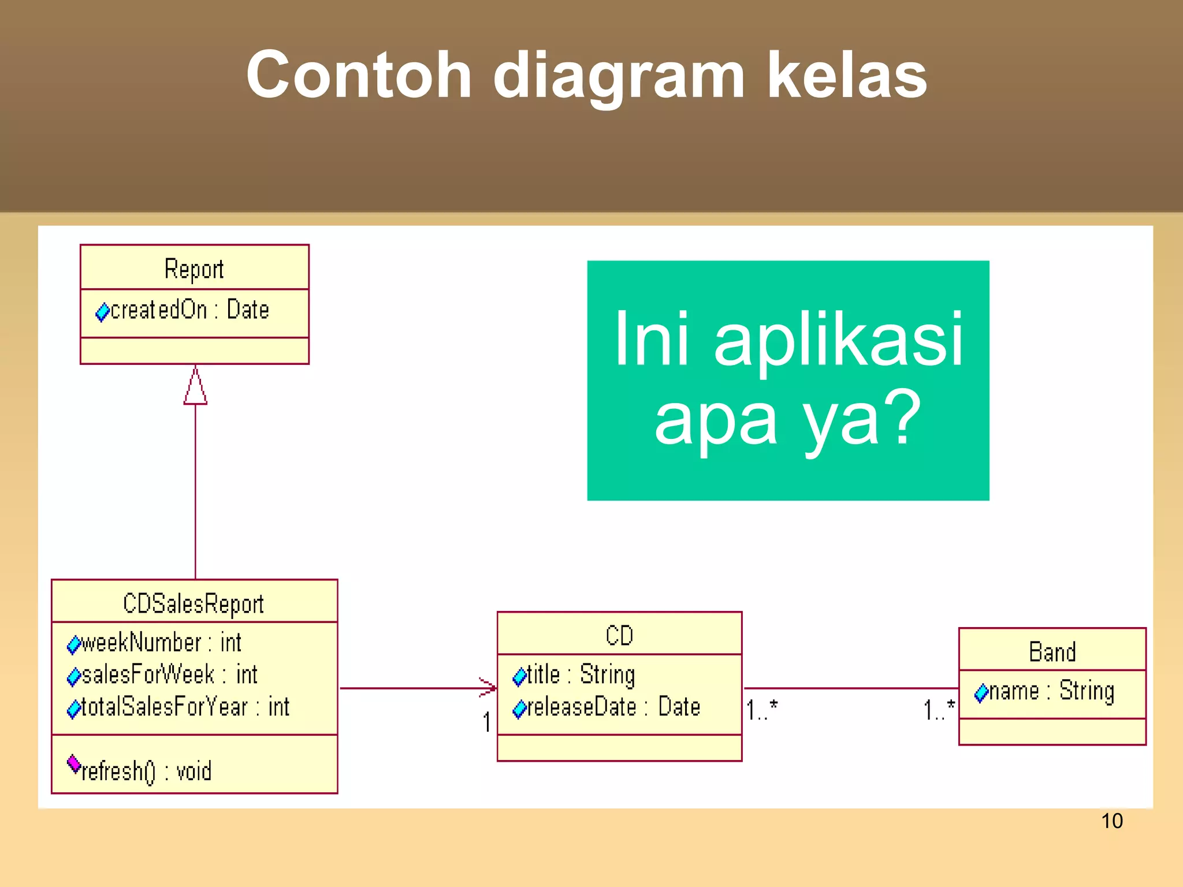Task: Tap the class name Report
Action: pos(194,269)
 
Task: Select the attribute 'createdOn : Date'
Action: pos(189,310)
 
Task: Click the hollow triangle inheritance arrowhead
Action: pos(195,386)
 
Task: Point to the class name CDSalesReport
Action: pos(194,603)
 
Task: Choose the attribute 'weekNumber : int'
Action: pos(161,643)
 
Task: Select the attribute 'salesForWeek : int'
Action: pos(169,674)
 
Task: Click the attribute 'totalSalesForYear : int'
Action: pos(185,707)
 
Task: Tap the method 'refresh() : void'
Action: pos(147,771)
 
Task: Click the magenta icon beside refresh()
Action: pos(74,763)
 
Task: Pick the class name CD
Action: pos(619,635)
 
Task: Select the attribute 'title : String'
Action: pos(581,674)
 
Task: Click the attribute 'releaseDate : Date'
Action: pos(613,707)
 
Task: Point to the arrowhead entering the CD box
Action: pos(489,687)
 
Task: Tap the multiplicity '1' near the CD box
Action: pos(487,722)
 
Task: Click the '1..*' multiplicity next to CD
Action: pos(762,710)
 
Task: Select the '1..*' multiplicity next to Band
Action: pos(939,710)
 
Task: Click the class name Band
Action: pos(1052,652)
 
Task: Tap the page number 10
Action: pos(1111,821)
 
